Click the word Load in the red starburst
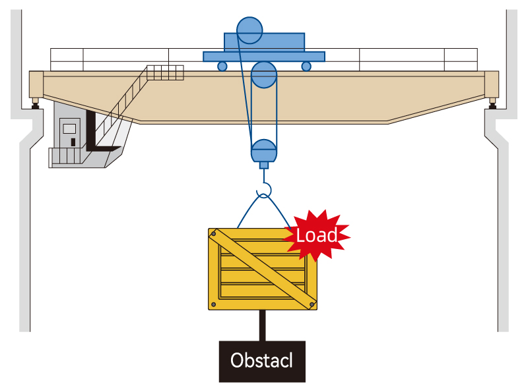point(317,235)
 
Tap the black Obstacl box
point(262,361)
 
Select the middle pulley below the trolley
point(265,75)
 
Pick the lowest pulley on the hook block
point(263,150)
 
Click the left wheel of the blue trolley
point(222,66)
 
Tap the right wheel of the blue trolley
point(306,66)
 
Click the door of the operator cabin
point(70,132)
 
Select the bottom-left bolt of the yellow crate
point(213,304)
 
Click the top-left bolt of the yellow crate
point(213,233)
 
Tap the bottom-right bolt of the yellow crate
point(313,304)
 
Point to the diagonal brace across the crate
point(263,268)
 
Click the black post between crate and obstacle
point(263,325)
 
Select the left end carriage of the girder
point(36,84)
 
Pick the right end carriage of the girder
point(492,84)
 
